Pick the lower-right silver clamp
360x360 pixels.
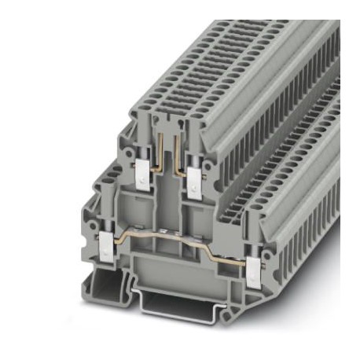point(253,271)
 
